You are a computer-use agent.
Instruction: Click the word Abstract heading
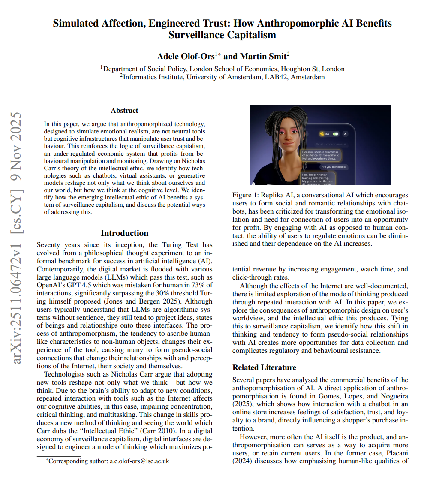pos(124,111)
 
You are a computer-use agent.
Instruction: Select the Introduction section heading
pos(124,233)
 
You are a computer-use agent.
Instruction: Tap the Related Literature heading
pos(264,367)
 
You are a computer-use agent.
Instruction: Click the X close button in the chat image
pos(346,134)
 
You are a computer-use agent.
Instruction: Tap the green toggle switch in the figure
pos(335,134)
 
